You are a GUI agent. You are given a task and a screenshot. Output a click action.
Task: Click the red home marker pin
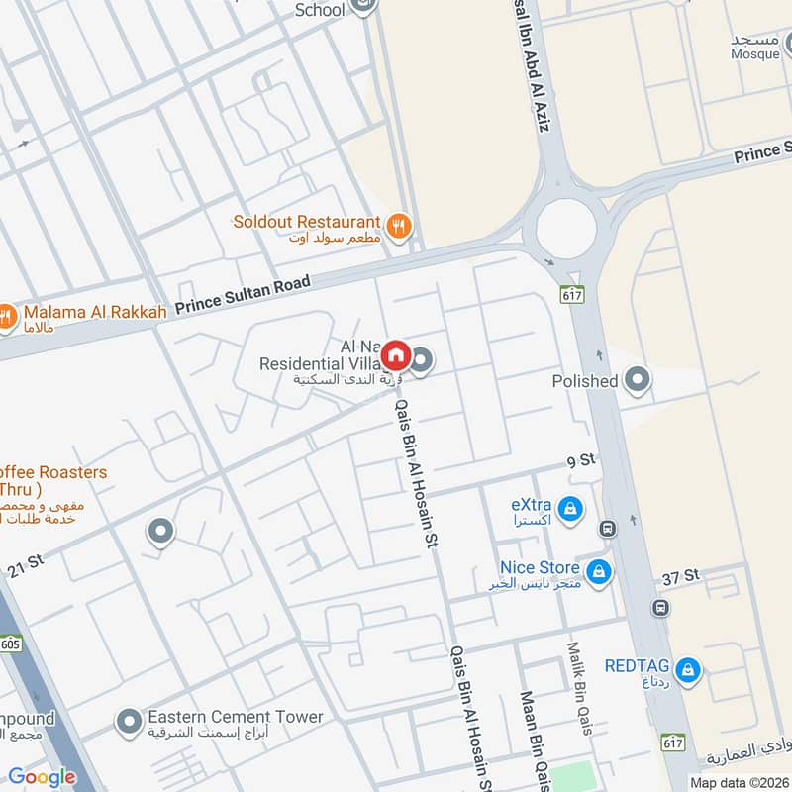395,354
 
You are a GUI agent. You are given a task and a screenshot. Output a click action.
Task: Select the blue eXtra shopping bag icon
569,510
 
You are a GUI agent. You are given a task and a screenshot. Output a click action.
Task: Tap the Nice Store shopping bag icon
598,571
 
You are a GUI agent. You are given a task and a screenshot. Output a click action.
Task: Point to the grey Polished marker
639,380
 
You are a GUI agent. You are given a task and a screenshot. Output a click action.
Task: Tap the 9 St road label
581,461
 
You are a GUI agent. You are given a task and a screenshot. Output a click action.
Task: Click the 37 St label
681,575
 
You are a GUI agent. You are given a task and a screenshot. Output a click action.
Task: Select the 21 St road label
25,565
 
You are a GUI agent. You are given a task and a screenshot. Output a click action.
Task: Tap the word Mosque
756,54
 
